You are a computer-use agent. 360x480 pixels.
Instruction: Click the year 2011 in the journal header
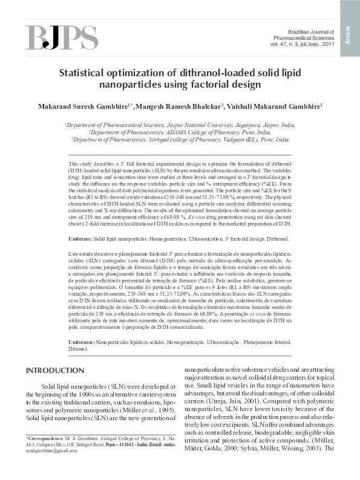click(x=327, y=44)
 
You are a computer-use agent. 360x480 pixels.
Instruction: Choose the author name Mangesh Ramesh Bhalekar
click(x=188, y=106)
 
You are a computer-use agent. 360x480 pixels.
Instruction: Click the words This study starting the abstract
click(x=80, y=164)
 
